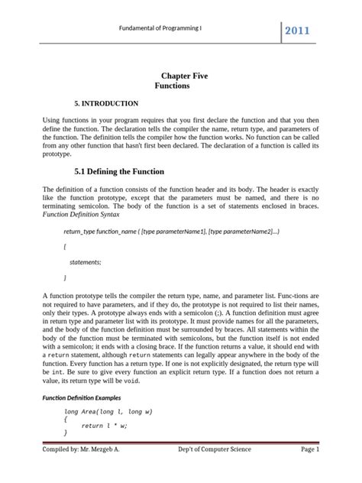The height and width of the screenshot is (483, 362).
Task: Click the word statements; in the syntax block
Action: pyautogui.click(x=85, y=261)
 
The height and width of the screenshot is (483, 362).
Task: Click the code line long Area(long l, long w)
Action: pyautogui.click(x=110, y=411)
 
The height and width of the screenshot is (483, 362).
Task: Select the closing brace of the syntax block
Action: pyautogui.click(x=66, y=277)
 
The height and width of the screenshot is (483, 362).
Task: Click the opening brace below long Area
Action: pyautogui.click(x=66, y=419)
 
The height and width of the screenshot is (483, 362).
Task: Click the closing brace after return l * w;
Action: pyautogui.click(x=66, y=433)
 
